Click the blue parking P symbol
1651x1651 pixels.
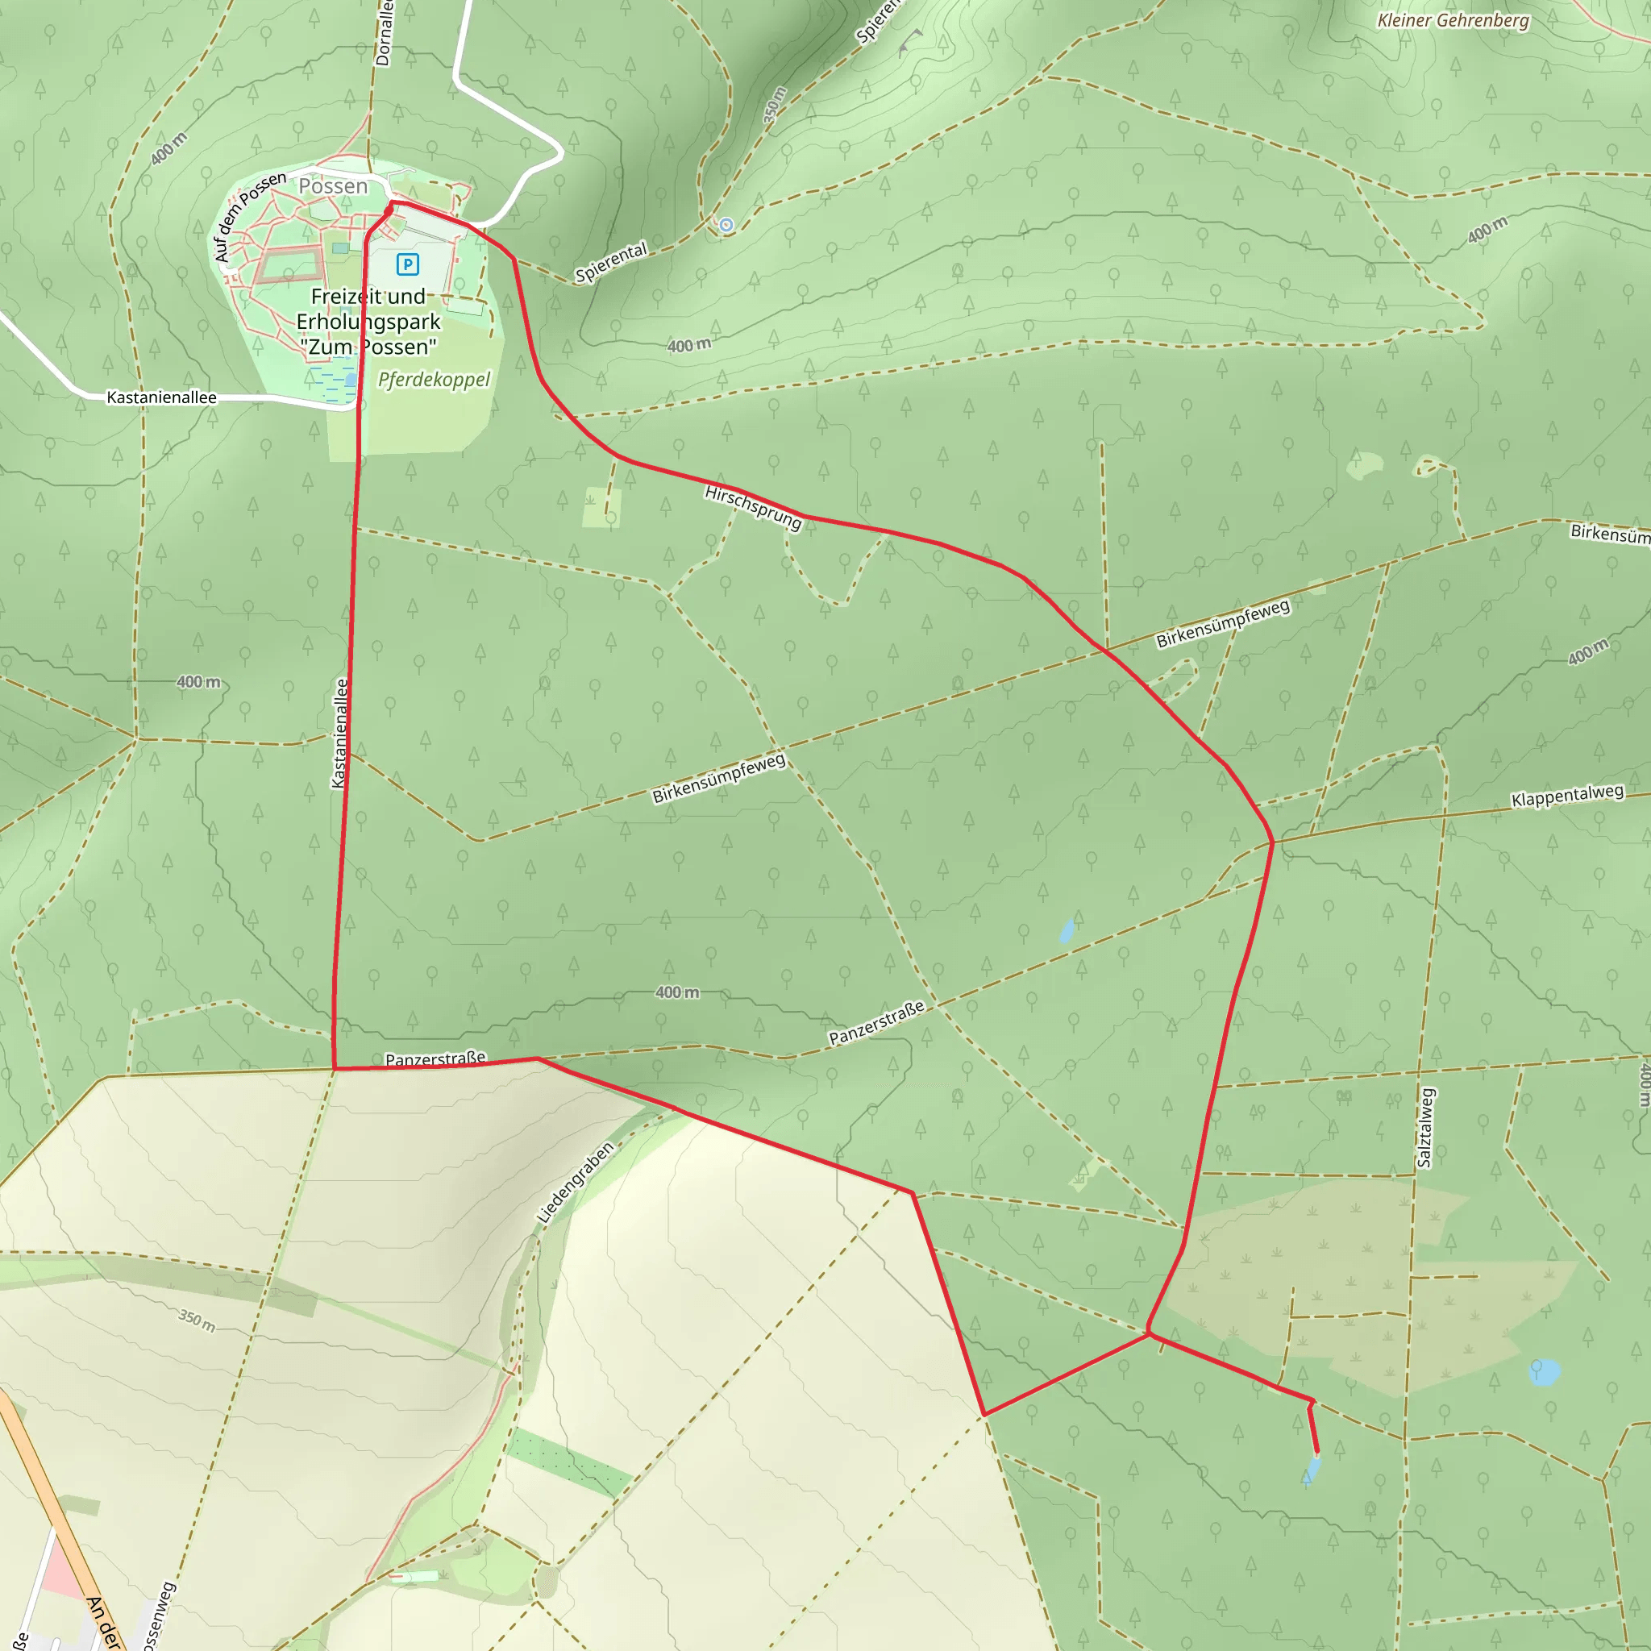(408, 264)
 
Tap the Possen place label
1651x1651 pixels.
(332, 185)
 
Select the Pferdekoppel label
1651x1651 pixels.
(435, 380)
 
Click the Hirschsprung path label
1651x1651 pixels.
(753, 507)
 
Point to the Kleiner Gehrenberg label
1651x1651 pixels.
(1453, 20)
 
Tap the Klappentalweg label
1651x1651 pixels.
(1567, 796)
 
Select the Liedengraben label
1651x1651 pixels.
(575, 1183)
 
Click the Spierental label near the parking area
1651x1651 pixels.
(611, 263)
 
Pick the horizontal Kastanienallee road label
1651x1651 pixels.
(161, 397)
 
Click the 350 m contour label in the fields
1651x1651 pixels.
(197, 1320)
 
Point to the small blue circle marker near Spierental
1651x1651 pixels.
(726, 225)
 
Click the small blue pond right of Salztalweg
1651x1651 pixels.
(1543, 1372)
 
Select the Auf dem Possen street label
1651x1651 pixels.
(250, 216)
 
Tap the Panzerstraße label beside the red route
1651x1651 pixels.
(435, 1059)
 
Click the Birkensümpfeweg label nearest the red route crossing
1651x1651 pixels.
(1223, 624)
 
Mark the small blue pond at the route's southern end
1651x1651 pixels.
(1312, 1470)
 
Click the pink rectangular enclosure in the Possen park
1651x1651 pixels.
(289, 267)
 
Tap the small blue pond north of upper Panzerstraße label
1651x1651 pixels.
(1067, 930)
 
